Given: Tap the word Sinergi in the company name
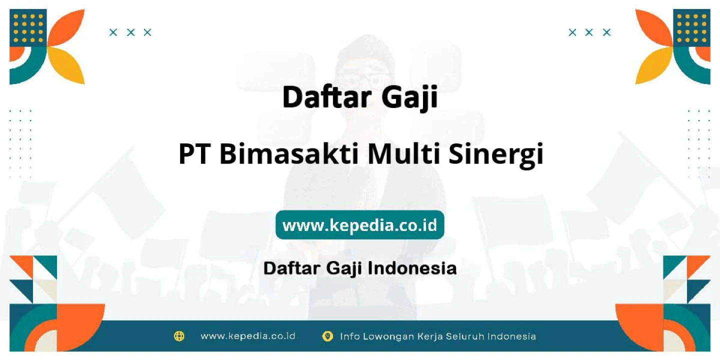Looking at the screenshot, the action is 496,155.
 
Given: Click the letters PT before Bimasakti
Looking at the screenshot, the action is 194,154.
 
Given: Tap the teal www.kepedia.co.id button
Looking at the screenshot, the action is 359,224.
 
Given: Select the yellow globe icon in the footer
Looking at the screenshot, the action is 179,336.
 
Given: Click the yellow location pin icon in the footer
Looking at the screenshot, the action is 327,336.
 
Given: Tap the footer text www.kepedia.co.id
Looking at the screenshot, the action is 248,336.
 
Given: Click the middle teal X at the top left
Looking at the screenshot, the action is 130,32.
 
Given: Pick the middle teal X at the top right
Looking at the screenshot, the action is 589,32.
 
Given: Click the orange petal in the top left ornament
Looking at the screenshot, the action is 67,28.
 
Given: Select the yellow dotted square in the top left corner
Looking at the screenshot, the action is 28,28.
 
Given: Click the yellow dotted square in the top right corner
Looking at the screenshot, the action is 691,28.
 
